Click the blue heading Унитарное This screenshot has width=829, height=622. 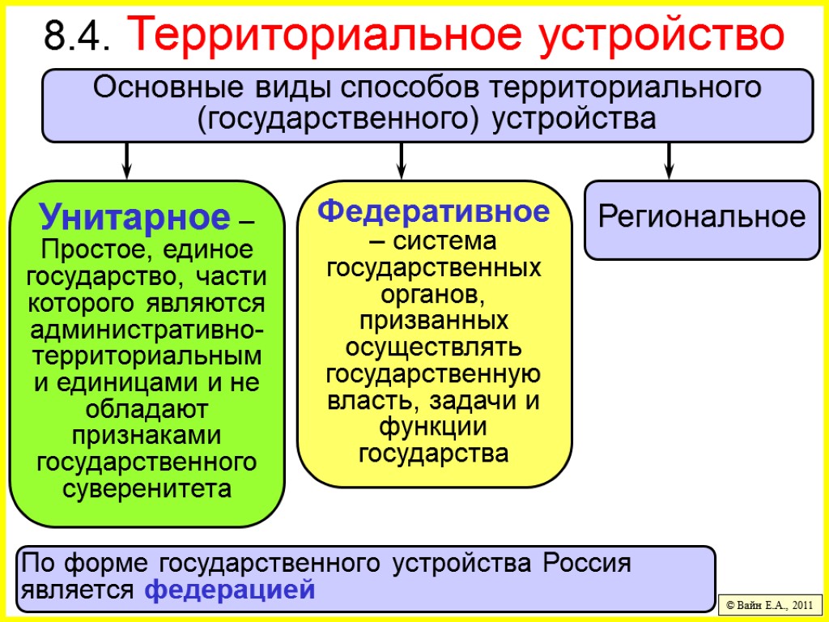pos(135,217)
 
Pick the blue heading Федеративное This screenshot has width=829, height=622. pos(434,212)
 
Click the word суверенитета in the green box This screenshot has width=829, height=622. pos(147,490)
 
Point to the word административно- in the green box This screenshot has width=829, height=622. pos(147,330)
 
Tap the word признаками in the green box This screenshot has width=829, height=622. pos(147,436)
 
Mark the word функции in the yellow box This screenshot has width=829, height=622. pos(434,427)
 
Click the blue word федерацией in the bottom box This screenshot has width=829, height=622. pos(229,590)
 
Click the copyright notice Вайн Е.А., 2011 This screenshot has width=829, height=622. pos(770,605)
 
